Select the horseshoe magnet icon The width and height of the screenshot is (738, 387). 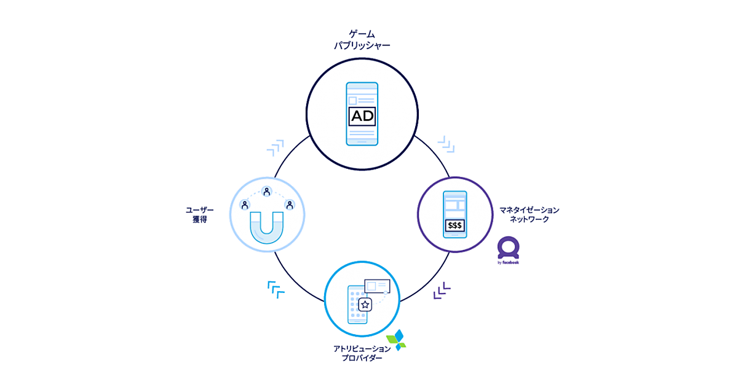pos(266,226)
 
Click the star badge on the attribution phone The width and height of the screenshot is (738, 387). pos(365,303)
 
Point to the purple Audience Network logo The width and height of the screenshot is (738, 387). pos(509,247)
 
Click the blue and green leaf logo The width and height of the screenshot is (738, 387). pos(397,339)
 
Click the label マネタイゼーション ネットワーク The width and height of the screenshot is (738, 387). pos(529,214)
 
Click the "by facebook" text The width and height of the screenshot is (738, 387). pos(508,262)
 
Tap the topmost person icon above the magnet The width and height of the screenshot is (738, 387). pos(266,191)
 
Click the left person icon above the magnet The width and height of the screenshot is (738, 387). pos(245,204)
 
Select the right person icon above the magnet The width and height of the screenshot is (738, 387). pos(288,204)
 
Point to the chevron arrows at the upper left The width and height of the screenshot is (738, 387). pos(276,147)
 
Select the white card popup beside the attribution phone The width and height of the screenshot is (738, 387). pos(378,286)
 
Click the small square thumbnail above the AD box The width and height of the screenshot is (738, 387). pos(352,100)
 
